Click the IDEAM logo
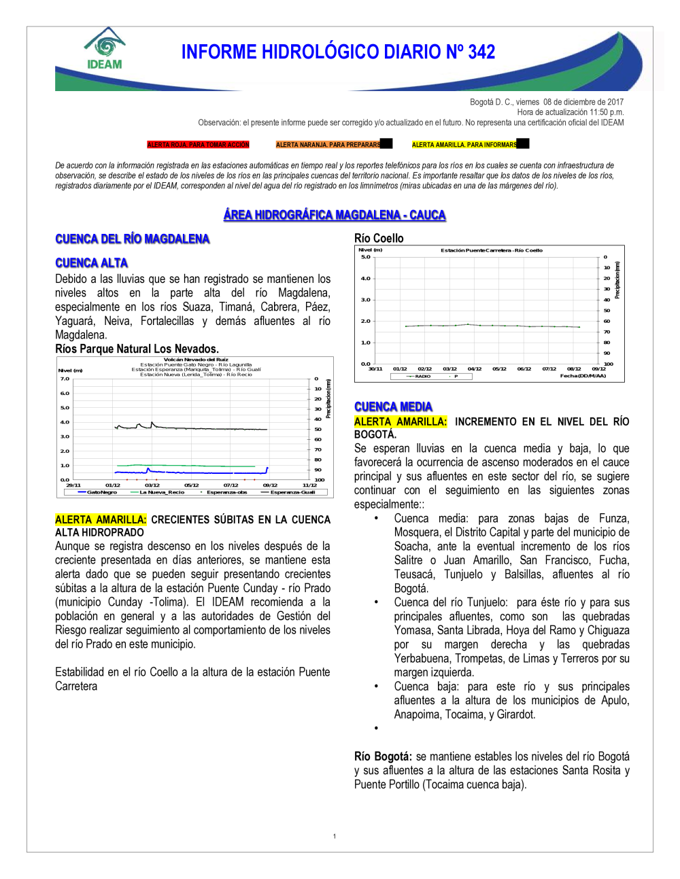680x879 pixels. pos(104,49)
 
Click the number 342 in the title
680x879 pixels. pos(481,52)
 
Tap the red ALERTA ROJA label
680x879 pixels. pos(198,145)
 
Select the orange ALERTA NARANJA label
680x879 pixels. pos(328,145)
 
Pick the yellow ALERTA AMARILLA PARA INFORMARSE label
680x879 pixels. pos(464,145)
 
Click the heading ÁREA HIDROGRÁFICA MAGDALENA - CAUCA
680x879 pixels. pos(335,215)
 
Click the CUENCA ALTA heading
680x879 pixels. pos(91,263)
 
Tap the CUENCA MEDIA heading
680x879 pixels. pos(393,407)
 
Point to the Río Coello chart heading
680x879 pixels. pos(379,238)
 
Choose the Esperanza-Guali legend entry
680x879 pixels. pos(292,492)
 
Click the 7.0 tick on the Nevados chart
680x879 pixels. pos(65,379)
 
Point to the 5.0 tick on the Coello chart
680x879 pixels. pos(366,257)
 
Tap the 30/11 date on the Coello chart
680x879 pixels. pos(375,368)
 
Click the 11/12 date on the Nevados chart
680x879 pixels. pos(309,485)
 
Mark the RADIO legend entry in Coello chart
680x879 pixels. pos(422,376)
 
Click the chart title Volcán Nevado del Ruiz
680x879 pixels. pos(196,360)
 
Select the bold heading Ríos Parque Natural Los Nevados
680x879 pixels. pos(137,349)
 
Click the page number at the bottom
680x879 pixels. pos(335,836)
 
